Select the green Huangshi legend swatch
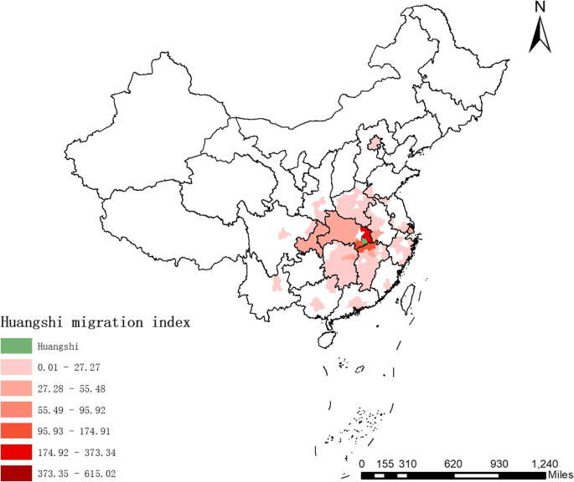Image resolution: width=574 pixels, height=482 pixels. coord(17,345)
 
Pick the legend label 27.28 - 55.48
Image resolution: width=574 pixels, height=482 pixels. coord(72,388)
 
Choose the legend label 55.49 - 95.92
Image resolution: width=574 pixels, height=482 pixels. coord(72,410)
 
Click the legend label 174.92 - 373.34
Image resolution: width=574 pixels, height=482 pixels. coord(78,454)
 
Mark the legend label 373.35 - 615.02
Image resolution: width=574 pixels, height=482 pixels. coord(78,474)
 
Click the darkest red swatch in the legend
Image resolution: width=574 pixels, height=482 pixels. coord(17,474)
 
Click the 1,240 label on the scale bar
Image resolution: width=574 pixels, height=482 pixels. coord(544,463)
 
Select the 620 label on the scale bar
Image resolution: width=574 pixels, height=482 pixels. coord(452,463)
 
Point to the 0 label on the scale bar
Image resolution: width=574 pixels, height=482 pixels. coord(362,463)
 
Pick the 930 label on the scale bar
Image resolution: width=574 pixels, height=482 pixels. coord(498,463)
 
